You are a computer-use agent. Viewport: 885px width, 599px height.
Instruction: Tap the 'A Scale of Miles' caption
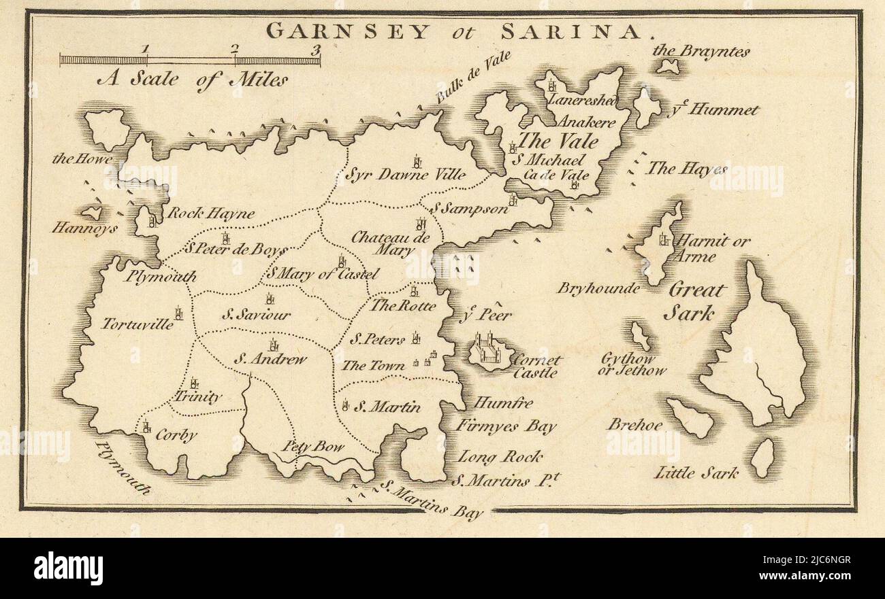pos(192,80)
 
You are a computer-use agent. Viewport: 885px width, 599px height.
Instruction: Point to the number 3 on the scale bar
pos(315,49)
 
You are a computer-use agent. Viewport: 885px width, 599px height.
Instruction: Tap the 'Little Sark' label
pos(695,473)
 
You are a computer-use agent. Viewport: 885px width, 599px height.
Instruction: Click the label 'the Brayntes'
pos(701,51)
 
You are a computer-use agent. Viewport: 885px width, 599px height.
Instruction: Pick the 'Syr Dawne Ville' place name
pos(406,175)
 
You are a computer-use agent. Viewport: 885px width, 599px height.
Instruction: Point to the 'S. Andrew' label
pos(270,360)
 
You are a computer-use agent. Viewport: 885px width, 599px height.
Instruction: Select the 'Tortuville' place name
pos(138,324)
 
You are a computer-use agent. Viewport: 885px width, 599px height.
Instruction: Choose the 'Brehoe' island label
pos(634,424)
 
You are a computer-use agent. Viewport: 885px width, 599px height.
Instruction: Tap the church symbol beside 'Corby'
pos(146,427)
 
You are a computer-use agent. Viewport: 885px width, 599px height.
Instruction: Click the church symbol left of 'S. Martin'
pos(347,406)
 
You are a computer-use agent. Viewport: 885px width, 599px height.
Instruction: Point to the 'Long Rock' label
pos(499,457)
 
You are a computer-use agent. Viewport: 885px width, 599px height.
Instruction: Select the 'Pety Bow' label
pos(314,447)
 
